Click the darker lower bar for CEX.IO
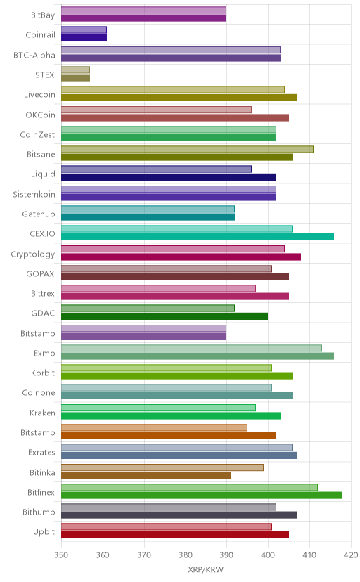click(x=198, y=237)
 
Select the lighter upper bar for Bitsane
click(x=187, y=149)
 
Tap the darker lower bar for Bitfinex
click(x=202, y=495)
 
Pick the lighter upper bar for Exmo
click(x=191, y=348)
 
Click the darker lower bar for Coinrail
click(x=84, y=38)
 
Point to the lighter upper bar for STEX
click(x=75, y=70)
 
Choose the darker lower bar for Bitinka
click(x=146, y=475)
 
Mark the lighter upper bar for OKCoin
click(x=156, y=110)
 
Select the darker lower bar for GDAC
click(x=165, y=316)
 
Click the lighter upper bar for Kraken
click(x=158, y=408)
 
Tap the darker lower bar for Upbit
click(x=175, y=535)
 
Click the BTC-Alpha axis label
click(x=34, y=56)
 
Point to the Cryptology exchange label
click(x=32, y=254)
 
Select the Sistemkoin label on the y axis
click(x=34, y=195)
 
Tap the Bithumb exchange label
click(x=39, y=512)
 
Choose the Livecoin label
click(x=39, y=95)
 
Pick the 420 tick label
click(x=351, y=555)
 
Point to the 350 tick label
click(x=61, y=555)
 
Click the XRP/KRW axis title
click(x=206, y=570)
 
